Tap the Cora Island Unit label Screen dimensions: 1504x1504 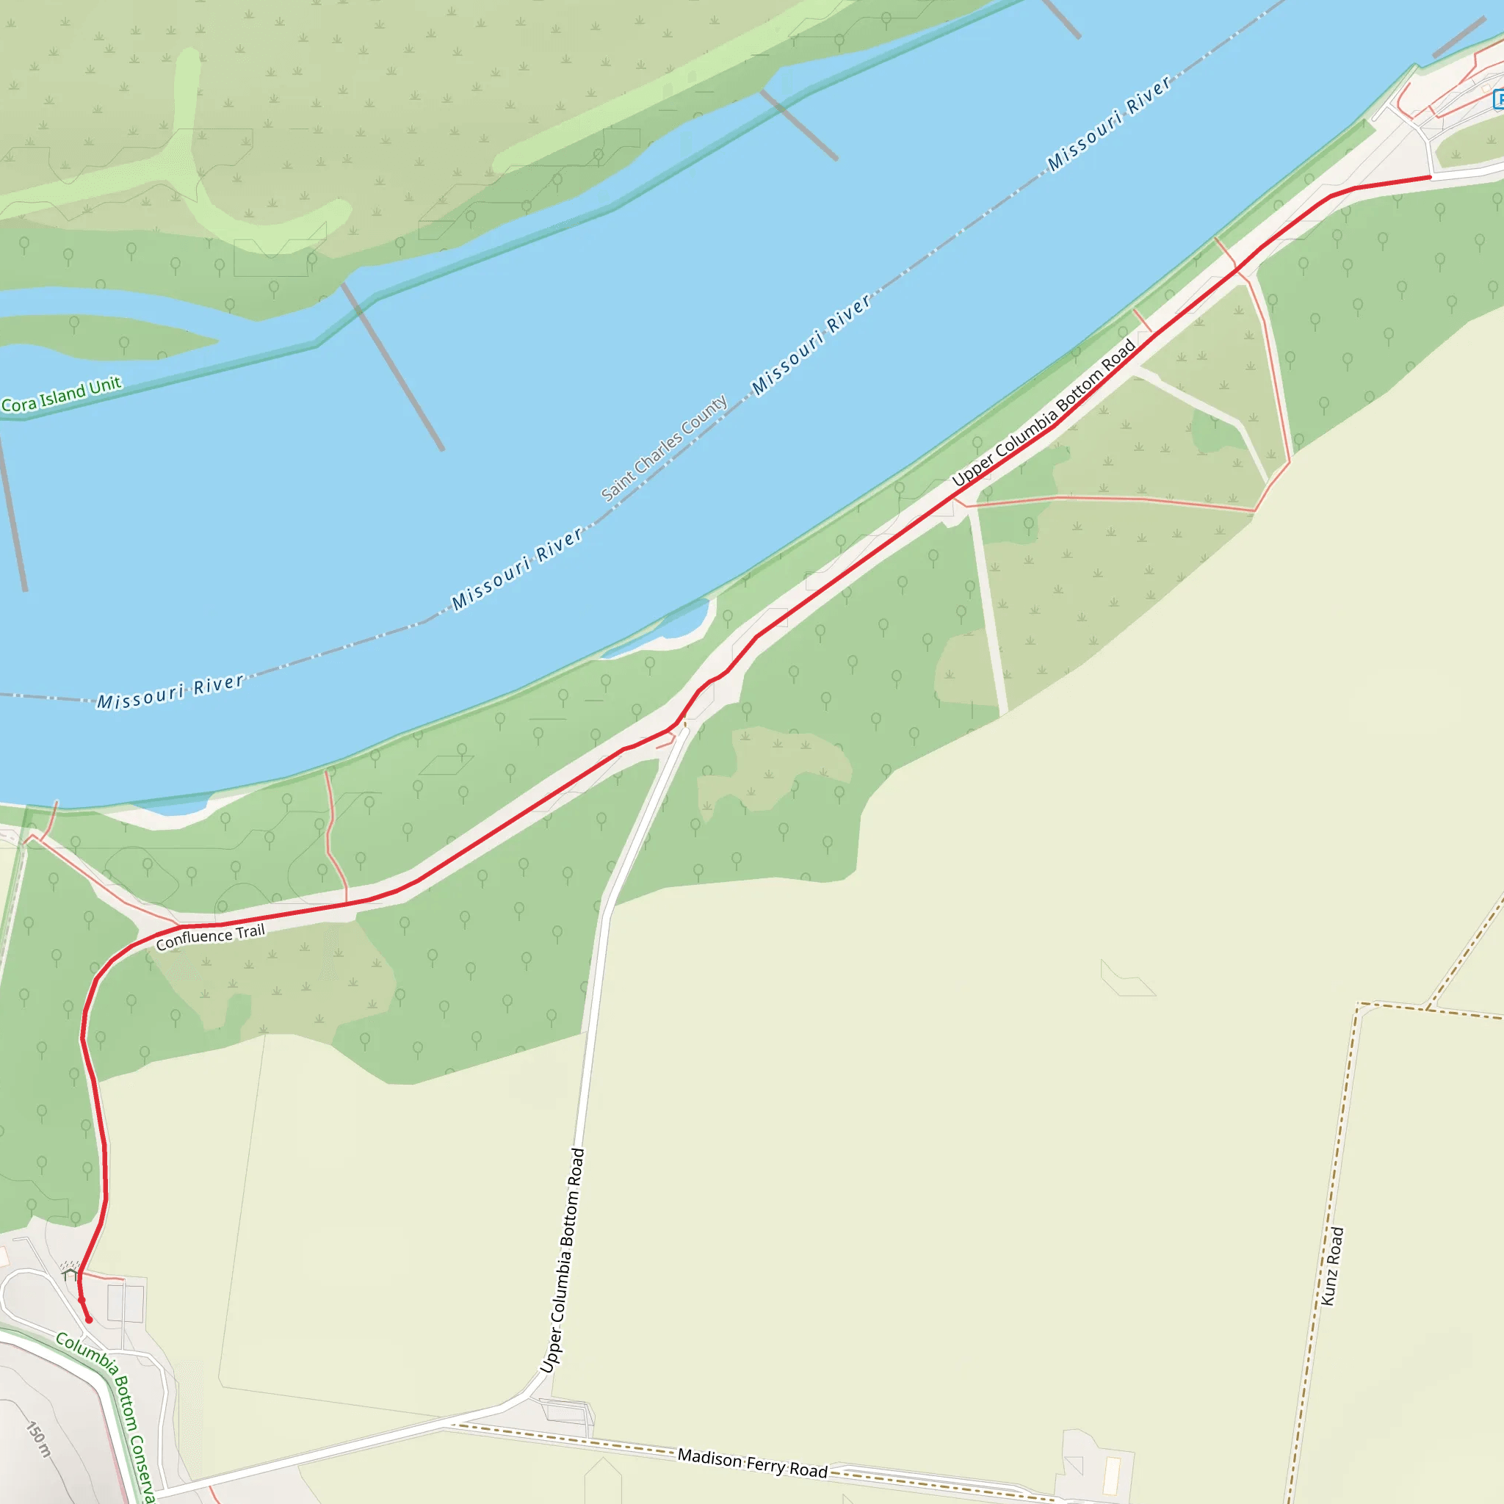click(62, 394)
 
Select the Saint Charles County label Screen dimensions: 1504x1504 click(664, 448)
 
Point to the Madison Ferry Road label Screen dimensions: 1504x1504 click(752, 1463)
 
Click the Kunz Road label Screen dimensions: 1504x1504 click(1332, 1266)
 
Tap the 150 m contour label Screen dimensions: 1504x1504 click(39, 1439)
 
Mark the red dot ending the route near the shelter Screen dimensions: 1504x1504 click(89, 1320)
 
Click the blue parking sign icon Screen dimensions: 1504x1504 click(1499, 100)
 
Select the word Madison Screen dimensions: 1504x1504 click(709, 1456)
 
